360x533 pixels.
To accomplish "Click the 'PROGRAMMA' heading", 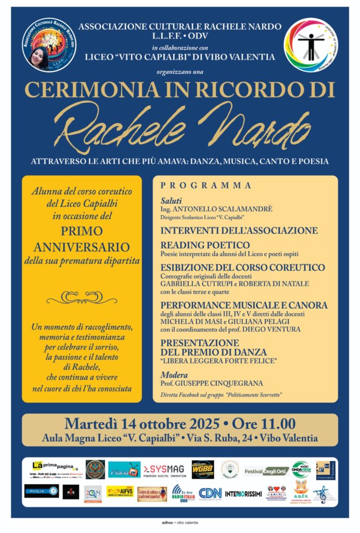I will point(206,185).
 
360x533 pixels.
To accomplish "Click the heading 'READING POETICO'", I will point(205,245).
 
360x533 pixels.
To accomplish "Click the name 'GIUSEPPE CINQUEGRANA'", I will point(222,383).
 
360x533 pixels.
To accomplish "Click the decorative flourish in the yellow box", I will point(82,297).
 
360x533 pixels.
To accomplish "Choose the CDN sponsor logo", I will point(210,492).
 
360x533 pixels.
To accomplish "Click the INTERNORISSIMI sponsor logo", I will point(243,492).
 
